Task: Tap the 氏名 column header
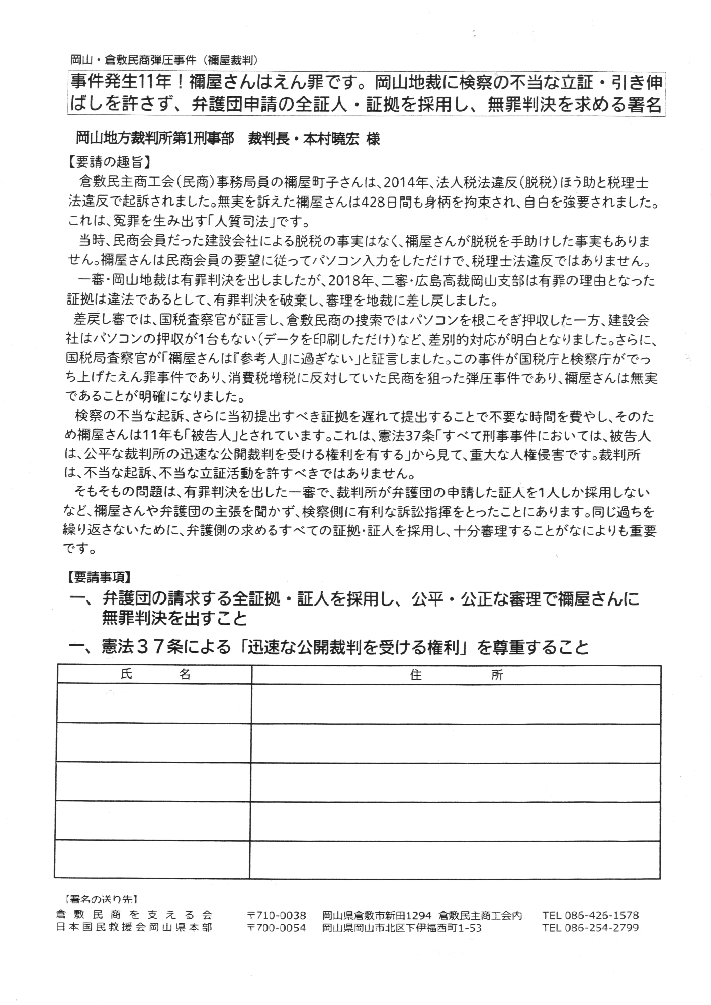[155, 675]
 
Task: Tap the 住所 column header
[456, 675]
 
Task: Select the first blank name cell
[153, 703]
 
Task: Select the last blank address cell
[455, 859]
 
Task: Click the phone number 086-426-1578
[590, 915]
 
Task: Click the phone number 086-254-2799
[590, 928]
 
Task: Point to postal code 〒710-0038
[277, 915]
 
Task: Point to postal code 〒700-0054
[277, 928]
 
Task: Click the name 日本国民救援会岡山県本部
[134, 927]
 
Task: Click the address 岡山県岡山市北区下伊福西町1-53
[402, 928]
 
